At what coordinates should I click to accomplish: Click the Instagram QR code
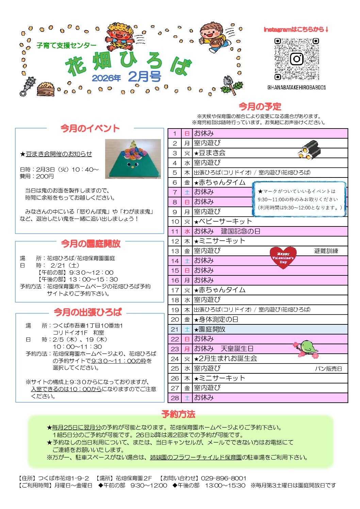click(296, 59)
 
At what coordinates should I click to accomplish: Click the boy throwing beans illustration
click(212, 37)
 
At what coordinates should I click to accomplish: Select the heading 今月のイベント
click(90, 129)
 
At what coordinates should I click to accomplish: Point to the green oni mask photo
click(133, 159)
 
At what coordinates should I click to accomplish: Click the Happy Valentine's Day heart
click(283, 257)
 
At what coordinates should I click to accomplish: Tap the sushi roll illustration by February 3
click(310, 150)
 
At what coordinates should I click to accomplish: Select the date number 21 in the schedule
click(175, 329)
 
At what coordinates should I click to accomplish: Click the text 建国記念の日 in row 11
click(241, 231)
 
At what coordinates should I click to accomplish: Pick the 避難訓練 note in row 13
click(326, 251)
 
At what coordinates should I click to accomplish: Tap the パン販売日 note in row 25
click(328, 369)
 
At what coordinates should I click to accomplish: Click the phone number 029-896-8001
click(223, 478)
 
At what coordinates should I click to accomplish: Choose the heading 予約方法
click(178, 414)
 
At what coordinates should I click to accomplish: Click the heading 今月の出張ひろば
click(88, 312)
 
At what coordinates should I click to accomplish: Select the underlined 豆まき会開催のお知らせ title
click(59, 154)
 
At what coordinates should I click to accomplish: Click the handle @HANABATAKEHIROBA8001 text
click(296, 87)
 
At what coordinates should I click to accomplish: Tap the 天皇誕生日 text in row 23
click(237, 349)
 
